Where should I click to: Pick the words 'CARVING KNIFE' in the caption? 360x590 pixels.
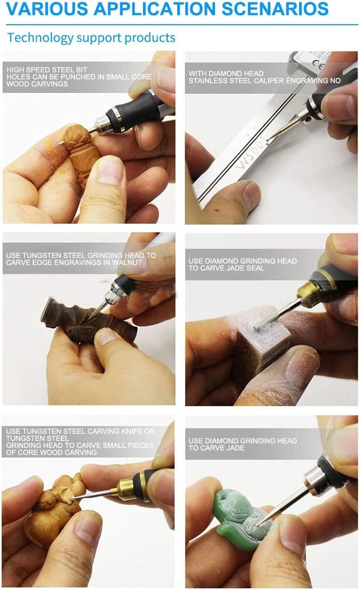click(x=104, y=431)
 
